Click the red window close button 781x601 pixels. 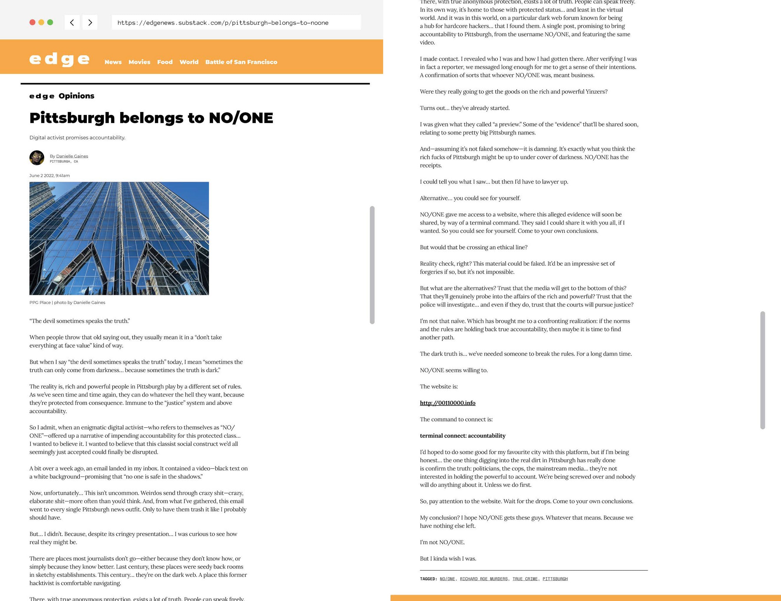coord(32,22)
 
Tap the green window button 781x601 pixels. coord(50,22)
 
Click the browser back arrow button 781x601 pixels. coord(72,22)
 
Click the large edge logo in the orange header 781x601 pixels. coord(59,59)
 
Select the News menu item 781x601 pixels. coord(113,62)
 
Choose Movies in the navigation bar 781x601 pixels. coord(139,62)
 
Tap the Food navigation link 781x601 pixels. coord(165,62)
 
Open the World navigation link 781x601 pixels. coord(189,62)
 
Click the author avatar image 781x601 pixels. coord(37,158)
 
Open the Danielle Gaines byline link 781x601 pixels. coord(72,156)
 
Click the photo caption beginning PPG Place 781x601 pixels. coord(67,303)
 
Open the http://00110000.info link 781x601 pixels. coord(447,403)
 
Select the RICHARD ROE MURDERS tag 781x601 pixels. coord(484,579)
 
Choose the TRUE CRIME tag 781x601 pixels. coord(525,579)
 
